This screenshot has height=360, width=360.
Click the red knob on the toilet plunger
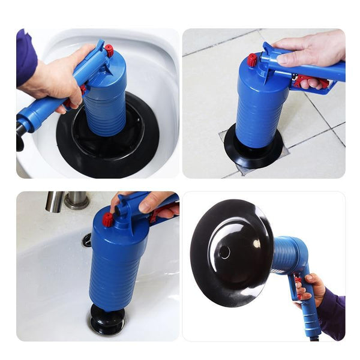(109, 51)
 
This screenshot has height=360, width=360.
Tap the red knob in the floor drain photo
(252, 59)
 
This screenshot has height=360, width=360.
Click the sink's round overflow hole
(87, 240)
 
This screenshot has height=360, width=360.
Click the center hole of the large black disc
(224, 252)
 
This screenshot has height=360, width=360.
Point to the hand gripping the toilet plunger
(57, 78)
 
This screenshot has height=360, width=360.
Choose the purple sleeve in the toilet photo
(26, 57)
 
